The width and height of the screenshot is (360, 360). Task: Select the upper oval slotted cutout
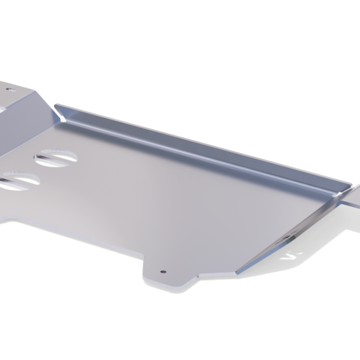coord(55,158)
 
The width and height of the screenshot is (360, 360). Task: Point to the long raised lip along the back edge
coord(198,142)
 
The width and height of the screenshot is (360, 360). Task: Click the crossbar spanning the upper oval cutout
coord(55,158)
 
